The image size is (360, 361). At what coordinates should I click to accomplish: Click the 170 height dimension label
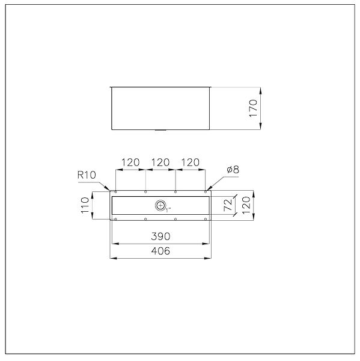click(x=253, y=108)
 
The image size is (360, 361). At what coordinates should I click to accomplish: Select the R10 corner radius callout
click(x=87, y=175)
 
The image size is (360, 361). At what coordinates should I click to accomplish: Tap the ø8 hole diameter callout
click(x=233, y=170)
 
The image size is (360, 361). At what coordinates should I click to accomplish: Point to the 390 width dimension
click(x=160, y=236)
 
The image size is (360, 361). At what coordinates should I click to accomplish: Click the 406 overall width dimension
click(x=160, y=251)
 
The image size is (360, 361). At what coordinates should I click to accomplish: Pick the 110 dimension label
click(x=85, y=205)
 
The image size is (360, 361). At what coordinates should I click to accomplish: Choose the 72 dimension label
click(x=228, y=205)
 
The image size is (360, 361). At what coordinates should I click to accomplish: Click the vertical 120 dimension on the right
click(x=246, y=205)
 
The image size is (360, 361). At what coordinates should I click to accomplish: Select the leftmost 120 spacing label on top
click(x=130, y=162)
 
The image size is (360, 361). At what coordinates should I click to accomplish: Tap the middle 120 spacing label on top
click(x=160, y=162)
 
